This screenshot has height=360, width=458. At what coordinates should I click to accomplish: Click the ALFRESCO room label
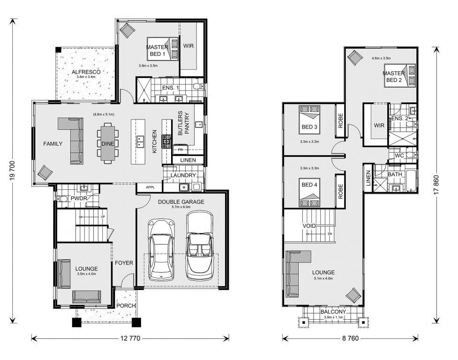pos(86,72)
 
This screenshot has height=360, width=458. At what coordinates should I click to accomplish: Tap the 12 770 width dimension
pos(130,338)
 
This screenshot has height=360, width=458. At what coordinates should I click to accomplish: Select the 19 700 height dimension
pos(13,171)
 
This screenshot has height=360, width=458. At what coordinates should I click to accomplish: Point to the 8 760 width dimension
pos(350,338)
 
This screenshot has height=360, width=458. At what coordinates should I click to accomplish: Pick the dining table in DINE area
pos(108,143)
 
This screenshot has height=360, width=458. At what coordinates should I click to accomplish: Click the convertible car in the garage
pos(200,245)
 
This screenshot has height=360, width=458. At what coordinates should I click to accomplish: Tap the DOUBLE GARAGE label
pos(181,202)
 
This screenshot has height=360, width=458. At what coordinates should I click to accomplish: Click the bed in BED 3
pos(309,120)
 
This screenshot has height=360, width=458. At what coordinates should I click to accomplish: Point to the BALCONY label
pos(333,312)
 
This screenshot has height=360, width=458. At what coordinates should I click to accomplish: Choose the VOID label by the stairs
pos(309,225)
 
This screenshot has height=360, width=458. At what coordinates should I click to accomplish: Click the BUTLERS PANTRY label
pos(183,123)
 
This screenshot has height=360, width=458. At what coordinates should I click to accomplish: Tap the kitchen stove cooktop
pos(167,142)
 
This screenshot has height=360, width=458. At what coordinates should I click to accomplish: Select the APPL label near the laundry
pos(150,187)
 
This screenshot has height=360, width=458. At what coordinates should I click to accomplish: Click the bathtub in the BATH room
pos(411,181)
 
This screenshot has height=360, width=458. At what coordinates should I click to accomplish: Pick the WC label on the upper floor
pos(399,156)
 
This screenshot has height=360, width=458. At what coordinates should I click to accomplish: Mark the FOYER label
pos(124,263)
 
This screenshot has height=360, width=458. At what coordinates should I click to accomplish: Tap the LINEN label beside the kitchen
pos(188,160)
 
